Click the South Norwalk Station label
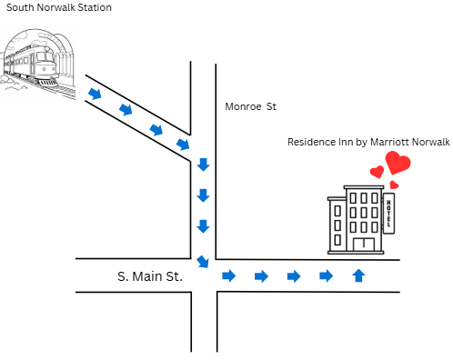point(59,7)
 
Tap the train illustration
point(37,61)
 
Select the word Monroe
point(243,106)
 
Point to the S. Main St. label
point(150,276)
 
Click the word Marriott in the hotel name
point(389,142)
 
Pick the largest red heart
point(398,163)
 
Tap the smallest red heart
point(394,185)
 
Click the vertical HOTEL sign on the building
point(388,214)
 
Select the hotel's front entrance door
point(364,245)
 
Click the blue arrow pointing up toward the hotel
point(358,275)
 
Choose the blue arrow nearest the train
point(95,94)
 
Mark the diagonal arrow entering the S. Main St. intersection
point(203,262)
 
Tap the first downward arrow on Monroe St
point(203,165)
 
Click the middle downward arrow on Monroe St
point(203,195)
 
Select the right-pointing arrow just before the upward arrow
point(327,275)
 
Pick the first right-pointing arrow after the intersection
point(229,275)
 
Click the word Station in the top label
point(95,7)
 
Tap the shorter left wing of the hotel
point(337,225)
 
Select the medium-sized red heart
point(377,172)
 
